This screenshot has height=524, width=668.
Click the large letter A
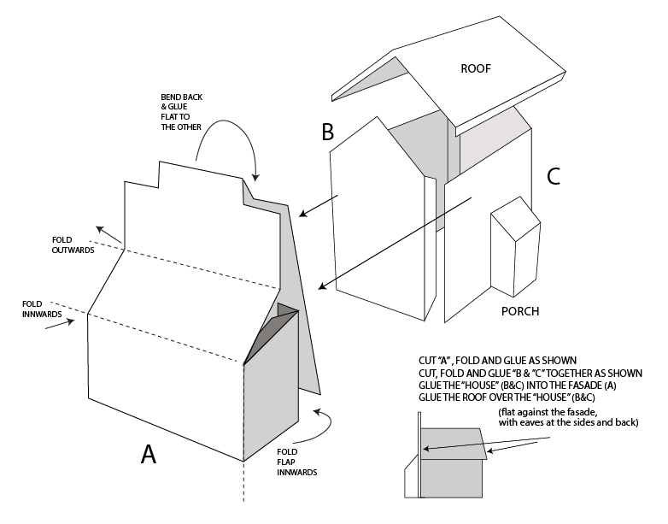pos(149,454)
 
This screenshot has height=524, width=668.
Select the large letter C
pos(553,176)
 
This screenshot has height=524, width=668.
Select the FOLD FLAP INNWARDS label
pos(298,462)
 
